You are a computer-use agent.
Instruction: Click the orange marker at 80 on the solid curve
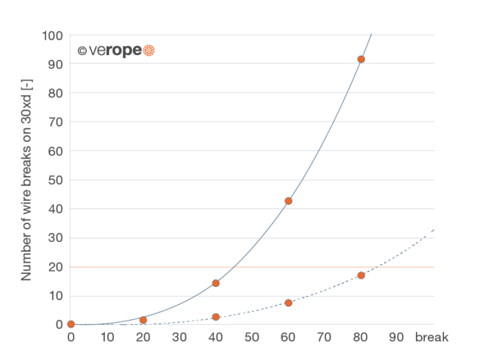point(361,59)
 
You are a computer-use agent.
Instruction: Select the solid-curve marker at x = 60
point(288,201)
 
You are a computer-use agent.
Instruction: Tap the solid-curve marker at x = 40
point(216,283)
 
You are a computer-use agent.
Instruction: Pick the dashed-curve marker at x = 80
point(361,275)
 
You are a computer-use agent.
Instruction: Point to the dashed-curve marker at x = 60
point(288,303)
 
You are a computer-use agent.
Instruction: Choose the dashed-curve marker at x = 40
point(216,317)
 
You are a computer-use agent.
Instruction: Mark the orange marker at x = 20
point(143,320)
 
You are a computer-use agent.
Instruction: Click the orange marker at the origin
point(70,324)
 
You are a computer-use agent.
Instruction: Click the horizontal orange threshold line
point(276,267)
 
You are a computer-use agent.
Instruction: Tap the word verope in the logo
point(108,51)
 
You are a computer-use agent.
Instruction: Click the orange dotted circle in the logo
point(149,51)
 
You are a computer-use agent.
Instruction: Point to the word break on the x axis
point(432,338)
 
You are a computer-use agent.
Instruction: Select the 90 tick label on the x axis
point(397,338)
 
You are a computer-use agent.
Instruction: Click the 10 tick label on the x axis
point(107,338)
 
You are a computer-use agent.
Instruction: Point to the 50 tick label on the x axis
point(252,338)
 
